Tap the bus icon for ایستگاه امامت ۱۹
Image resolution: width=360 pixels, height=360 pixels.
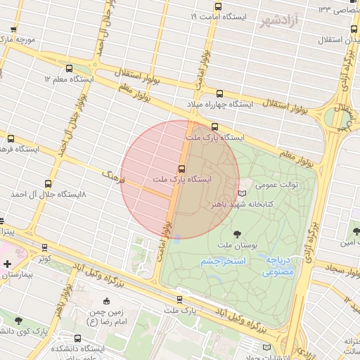point(218,6)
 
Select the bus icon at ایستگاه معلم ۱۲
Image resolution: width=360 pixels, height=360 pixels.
point(69,69)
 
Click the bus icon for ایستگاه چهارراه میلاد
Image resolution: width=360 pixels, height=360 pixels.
point(219,94)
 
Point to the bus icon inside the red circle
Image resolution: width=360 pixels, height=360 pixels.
point(182,169)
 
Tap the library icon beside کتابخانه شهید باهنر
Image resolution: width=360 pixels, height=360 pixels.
point(243,193)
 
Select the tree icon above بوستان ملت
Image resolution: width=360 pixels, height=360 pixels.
point(236,233)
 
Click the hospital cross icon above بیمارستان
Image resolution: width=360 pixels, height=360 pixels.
point(7,264)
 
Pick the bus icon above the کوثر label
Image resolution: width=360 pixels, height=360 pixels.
point(44,247)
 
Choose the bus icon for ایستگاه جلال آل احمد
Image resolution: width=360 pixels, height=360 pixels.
point(48,182)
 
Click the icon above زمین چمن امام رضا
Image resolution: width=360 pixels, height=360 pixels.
point(106,301)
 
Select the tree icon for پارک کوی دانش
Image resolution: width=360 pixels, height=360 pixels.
point(18,321)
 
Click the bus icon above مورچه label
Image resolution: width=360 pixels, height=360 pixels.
point(13,29)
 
